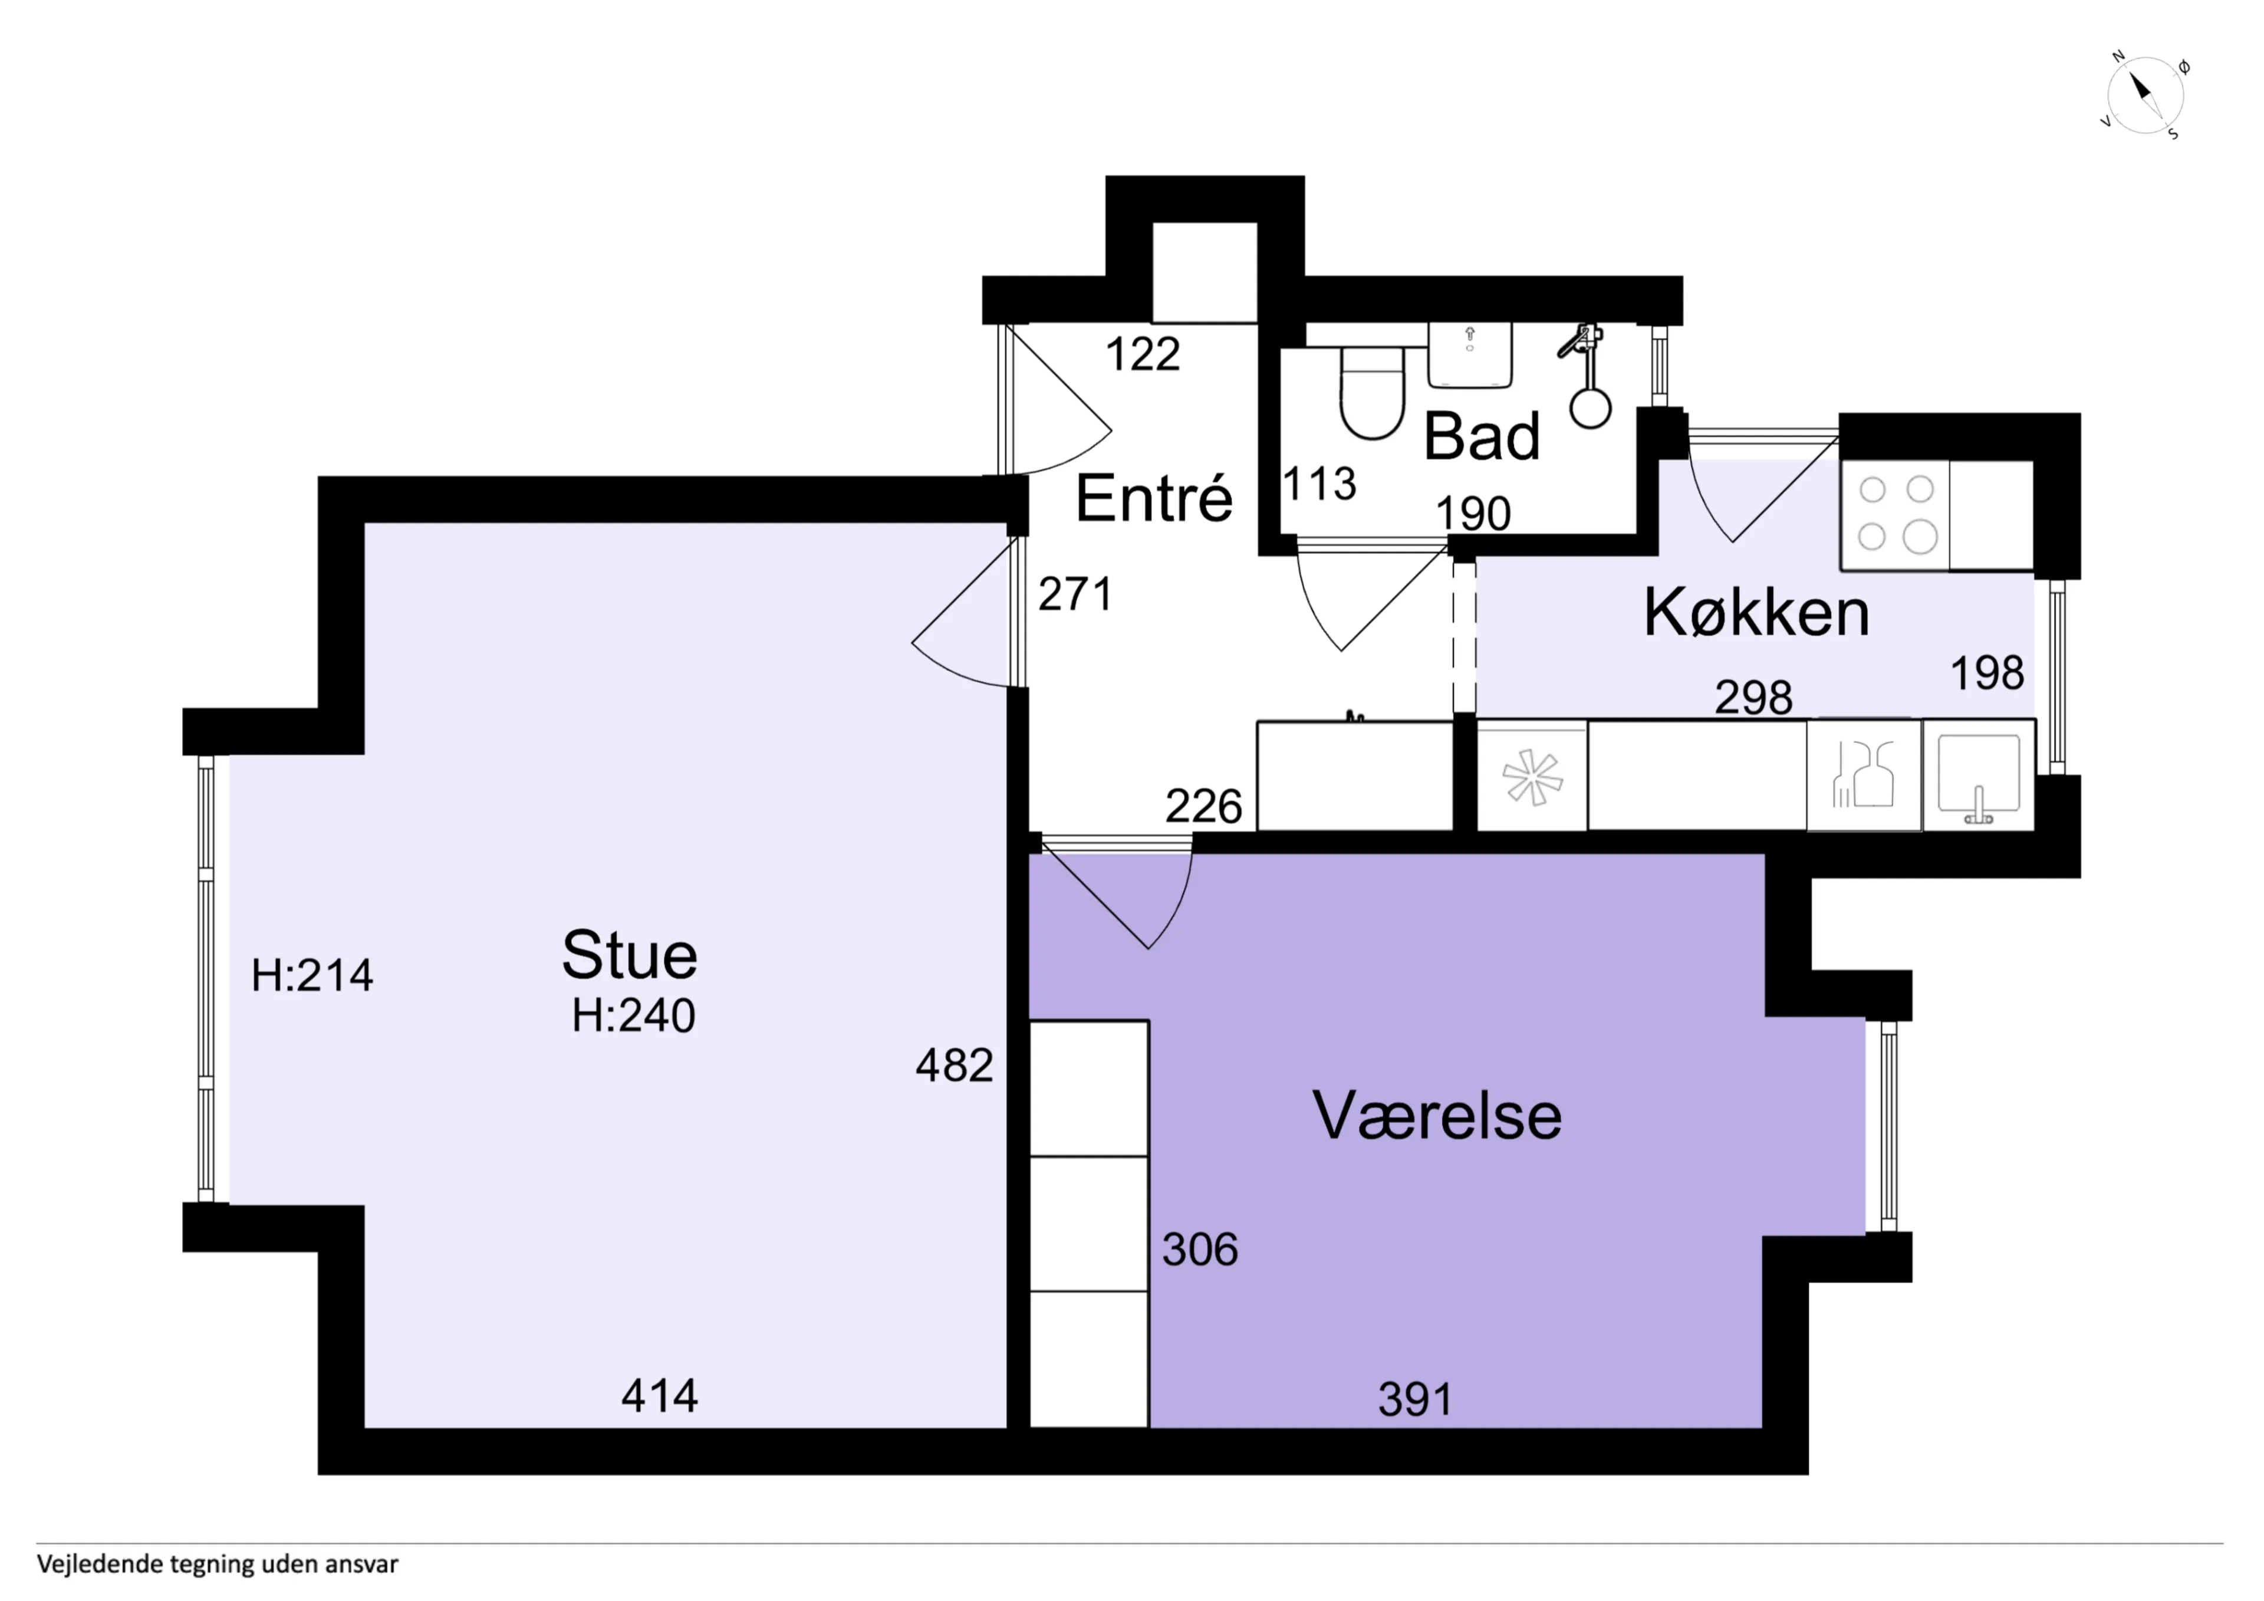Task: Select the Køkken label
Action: [x=1756, y=613]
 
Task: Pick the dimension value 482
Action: [x=953, y=1066]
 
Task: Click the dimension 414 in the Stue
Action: [x=660, y=1396]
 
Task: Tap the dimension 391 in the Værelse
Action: [x=1415, y=1400]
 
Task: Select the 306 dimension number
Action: [x=1199, y=1250]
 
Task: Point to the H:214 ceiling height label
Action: [x=312, y=975]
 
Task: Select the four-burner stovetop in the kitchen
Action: [x=1895, y=515]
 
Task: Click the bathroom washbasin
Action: [x=1469, y=354]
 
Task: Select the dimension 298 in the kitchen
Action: [x=1753, y=698]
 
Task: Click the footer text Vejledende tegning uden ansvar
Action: [x=218, y=1564]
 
